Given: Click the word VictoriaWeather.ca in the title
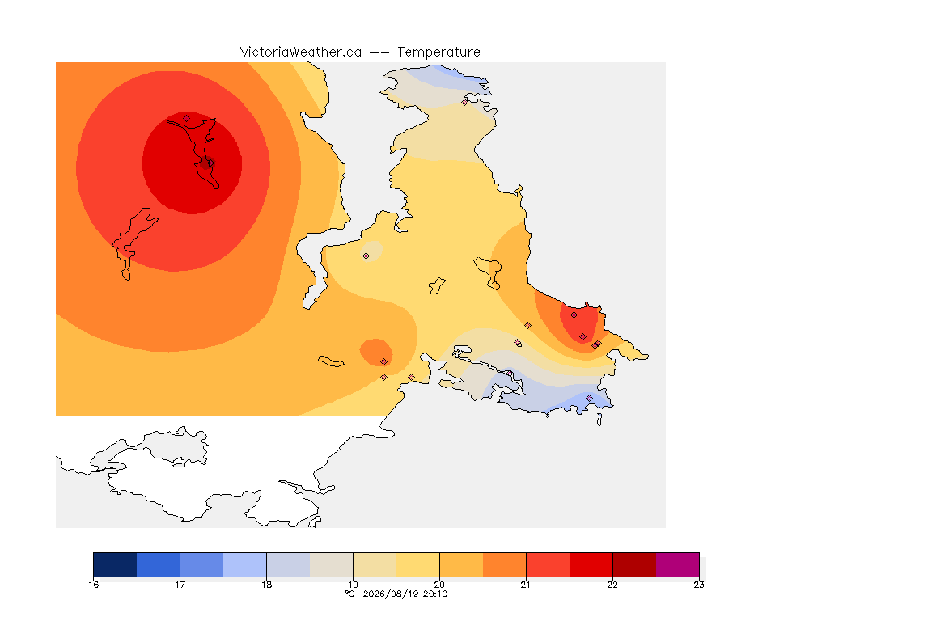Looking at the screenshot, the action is click(x=301, y=53).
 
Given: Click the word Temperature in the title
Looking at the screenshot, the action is click(x=438, y=53).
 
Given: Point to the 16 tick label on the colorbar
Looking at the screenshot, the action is click(x=93, y=585).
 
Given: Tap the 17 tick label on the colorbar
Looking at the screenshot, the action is click(x=180, y=585).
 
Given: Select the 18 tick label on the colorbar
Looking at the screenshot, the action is click(x=267, y=585).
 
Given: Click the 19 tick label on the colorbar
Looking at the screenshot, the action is click(x=353, y=585).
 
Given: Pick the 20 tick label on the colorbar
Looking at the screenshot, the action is click(x=440, y=585).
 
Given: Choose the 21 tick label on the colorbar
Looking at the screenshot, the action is click(x=526, y=585).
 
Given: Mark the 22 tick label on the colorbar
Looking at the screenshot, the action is click(x=612, y=585).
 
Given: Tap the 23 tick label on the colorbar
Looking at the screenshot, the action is click(x=699, y=585).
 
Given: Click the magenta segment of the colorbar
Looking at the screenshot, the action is click(x=678, y=564).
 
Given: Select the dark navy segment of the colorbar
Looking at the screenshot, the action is click(x=116, y=564).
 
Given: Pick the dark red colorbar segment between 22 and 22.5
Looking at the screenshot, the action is click(x=634, y=564).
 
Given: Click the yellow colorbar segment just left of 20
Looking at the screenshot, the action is click(x=417, y=564).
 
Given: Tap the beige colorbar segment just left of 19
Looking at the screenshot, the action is click(x=332, y=564).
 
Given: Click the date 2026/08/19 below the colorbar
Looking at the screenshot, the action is click(x=390, y=594).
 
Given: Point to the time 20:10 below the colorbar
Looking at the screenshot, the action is click(x=435, y=594).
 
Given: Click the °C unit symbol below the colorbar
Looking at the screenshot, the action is click(x=350, y=594).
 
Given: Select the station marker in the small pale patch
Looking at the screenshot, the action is click(x=366, y=256).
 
